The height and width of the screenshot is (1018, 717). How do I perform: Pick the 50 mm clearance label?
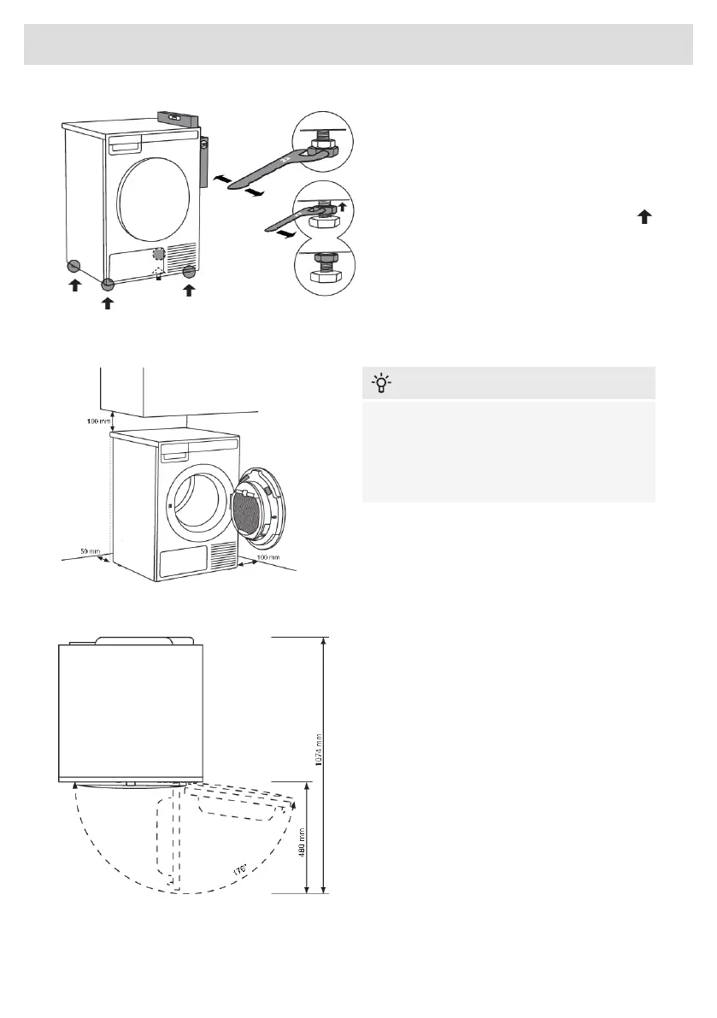[x=80, y=552]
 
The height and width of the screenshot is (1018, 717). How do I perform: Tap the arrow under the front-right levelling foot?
[x=189, y=291]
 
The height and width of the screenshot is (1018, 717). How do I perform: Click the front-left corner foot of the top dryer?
[x=108, y=285]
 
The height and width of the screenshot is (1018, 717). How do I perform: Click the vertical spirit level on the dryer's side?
[x=204, y=162]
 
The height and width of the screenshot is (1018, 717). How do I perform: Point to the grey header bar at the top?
[x=358, y=44]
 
